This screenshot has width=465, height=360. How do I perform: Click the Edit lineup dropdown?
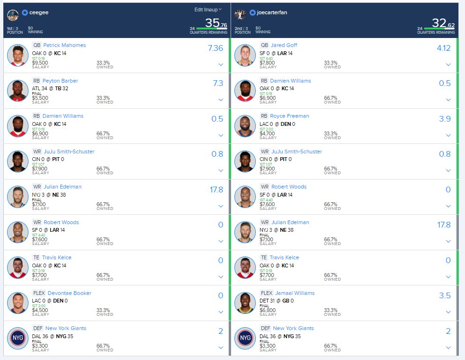click(208, 9)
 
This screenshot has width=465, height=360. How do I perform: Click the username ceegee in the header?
click(39, 13)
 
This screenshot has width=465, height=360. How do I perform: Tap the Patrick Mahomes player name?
click(64, 45)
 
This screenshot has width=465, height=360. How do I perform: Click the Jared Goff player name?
click(284, 45)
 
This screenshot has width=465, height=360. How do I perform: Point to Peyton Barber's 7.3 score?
click(218, 83)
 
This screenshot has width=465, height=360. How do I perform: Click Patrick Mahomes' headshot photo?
click(18, 56)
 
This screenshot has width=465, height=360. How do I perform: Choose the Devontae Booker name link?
click(69, 293)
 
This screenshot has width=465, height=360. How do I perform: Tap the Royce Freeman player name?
click(289, 116)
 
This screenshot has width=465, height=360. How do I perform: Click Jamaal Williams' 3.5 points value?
click(445, 296)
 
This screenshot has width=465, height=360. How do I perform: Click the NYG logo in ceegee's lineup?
click(18, 339)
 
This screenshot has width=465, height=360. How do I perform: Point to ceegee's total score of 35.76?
click(216, 23)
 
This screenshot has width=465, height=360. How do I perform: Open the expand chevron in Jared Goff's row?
click(448, 65)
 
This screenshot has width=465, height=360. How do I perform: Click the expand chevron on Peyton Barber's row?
click(221, 100)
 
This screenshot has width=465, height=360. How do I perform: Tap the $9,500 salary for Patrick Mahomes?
click(40, 63)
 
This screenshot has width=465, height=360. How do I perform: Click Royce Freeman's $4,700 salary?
click(268, 133)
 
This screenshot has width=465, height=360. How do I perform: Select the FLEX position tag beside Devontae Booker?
click(38, 293)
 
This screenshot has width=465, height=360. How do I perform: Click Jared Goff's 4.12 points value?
click(443, 48)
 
